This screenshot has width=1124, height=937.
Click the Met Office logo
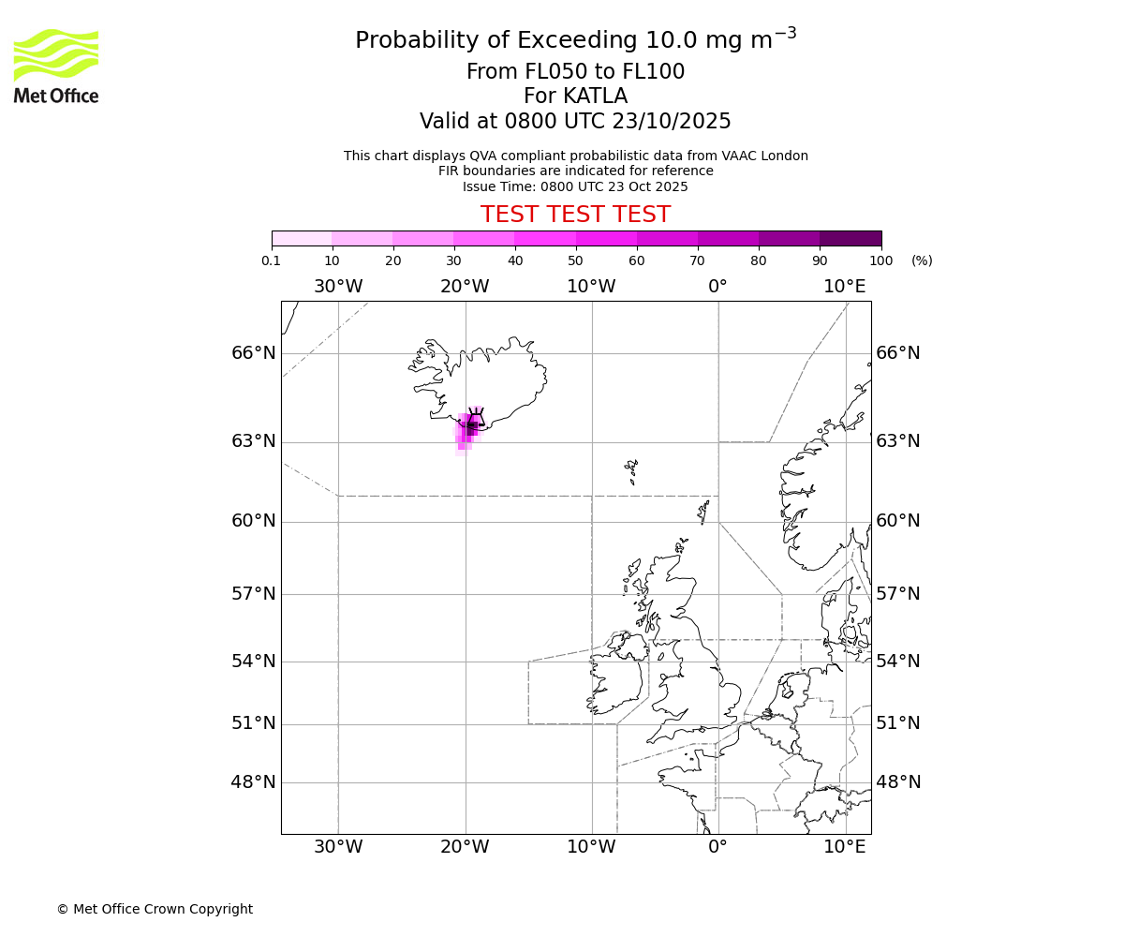coord(56,66)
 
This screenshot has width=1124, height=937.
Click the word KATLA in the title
coord(595,97)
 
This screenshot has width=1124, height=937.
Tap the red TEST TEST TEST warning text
coord(575,215)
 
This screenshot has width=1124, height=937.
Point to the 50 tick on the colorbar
coord(575,247)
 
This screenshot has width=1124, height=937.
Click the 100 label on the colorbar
coord(880,261)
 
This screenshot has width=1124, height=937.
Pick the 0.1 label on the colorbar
coord(272,261)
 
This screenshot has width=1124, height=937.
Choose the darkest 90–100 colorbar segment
coord(850,238)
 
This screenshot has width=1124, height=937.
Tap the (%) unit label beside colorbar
coord(922,261)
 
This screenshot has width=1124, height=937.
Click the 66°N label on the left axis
coord(254,353)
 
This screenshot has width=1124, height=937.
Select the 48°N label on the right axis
coord(898,782)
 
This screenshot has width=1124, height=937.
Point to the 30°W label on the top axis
coord(338,287)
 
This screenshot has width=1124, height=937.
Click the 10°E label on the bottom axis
coord(845,847)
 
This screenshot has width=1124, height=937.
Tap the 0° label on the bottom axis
coord(717,847)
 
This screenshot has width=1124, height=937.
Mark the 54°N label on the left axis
coord(254,662)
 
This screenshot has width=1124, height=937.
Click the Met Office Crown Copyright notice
coord(155,909)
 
